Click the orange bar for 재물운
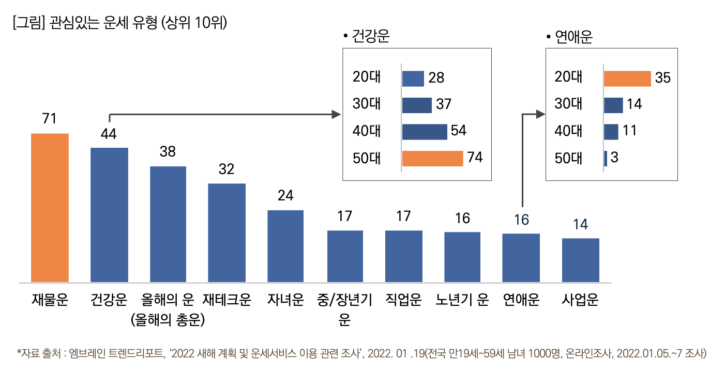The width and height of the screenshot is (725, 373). (x=50, y=208)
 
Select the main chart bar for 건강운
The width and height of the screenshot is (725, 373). (x=109, y=215)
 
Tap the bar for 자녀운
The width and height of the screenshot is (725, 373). (x=285, y=246)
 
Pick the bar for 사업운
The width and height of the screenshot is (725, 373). (x=580, y=260)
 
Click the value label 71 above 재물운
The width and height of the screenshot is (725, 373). (x=49, y=119)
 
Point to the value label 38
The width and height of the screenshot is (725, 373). (x=168, y=152)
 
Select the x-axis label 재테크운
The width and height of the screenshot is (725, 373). (x=226, y=300)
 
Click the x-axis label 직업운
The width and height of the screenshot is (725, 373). (x=403, y=300)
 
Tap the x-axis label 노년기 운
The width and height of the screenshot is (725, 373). (x=462, y=300)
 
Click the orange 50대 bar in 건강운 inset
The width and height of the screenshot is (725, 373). (x=432, y=159)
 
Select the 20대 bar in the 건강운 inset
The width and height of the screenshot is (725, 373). (x=413, y=79)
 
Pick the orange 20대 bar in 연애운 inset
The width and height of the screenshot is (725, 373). (x=627, y=79)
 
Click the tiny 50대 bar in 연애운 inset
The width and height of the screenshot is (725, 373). (x=606, y=159)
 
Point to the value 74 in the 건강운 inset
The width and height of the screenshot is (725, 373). (x=475, y=158)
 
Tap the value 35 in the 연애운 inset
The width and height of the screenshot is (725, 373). (x=662, y=78)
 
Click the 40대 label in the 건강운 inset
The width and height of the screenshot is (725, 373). (x=367, y=131)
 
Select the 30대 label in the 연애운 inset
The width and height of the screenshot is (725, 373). (x=568, y=104)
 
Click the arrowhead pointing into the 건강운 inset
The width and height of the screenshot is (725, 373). (x=339, y=114)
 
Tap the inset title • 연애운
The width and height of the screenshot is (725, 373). (x=569, y=37)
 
